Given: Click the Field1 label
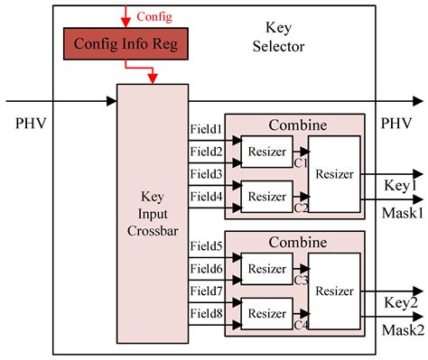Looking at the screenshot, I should pyautogui.click(x=207, y=131).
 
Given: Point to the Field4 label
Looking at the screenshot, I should pyautogui.click(x=207, y=196).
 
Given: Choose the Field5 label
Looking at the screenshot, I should pyautogui.click(x=207, y=246).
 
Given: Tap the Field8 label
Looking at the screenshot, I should pyautogui.click(x=207, y=311).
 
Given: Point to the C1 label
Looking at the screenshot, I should pyautogui.click(x=302, y=164).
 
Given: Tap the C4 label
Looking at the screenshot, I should pyautogui.click(x=302, y=324).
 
